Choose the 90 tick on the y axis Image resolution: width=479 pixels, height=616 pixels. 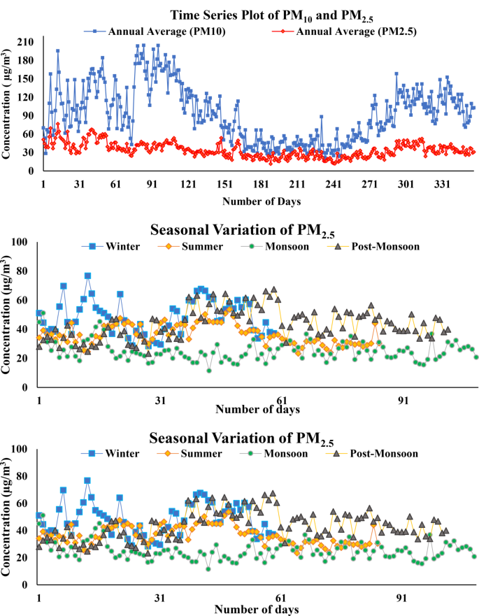[29, 116]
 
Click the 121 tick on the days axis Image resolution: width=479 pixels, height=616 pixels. [187, 185]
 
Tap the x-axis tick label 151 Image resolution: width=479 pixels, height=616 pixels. [224, 185]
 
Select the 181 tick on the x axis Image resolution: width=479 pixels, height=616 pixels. [261, 185]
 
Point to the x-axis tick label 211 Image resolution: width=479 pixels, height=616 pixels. [297, 185]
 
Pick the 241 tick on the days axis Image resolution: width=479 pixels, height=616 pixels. [334, 185]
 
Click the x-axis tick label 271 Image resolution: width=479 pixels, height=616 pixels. [370, 185]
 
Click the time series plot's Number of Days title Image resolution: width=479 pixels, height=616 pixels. [262, 201]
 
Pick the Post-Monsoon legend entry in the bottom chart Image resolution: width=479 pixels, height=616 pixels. [381, 453]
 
